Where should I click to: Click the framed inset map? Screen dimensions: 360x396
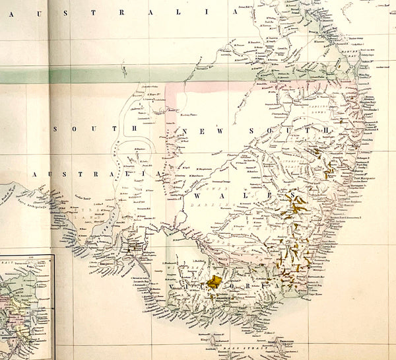[26, 307]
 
